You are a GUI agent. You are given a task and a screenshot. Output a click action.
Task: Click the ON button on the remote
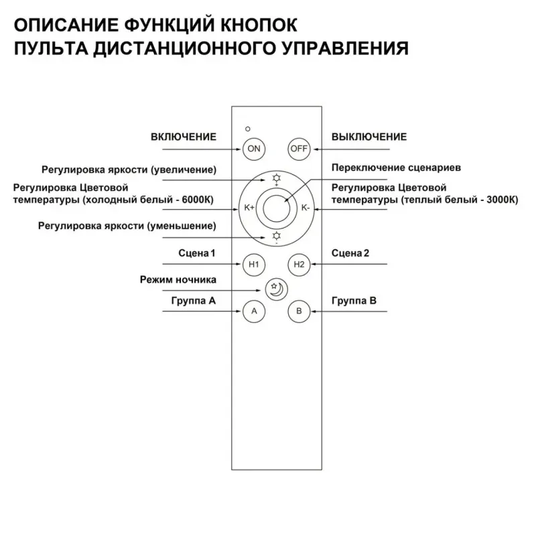tap(253, 149)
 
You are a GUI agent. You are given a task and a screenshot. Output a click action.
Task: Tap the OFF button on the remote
tap(299, 149)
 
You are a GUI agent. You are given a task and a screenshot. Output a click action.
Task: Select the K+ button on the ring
tap(249, 208)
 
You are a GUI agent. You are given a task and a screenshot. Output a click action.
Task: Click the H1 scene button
tap(253, 265)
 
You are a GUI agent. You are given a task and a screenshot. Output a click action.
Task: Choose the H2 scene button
tap(299, 265)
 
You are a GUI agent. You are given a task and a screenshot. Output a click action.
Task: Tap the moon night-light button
tap(275, 289)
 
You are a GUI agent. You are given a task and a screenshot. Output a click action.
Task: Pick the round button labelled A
tap(253, 312)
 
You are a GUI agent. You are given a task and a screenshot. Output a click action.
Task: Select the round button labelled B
tap(299, 312)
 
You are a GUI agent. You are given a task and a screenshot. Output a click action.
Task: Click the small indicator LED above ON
tap(248, 127)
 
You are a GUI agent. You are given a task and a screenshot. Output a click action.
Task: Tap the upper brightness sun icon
tap(276, 178)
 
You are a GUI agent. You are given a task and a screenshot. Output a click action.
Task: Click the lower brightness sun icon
tap(276, 236)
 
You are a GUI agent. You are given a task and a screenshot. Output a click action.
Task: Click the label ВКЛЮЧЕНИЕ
tap(184, 137)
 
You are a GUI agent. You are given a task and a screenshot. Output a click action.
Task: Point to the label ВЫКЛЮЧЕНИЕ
tap(369, 137)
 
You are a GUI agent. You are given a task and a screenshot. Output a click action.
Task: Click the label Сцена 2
tap(351, 253)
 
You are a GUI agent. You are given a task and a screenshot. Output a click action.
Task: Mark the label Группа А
tap(193, 301)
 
